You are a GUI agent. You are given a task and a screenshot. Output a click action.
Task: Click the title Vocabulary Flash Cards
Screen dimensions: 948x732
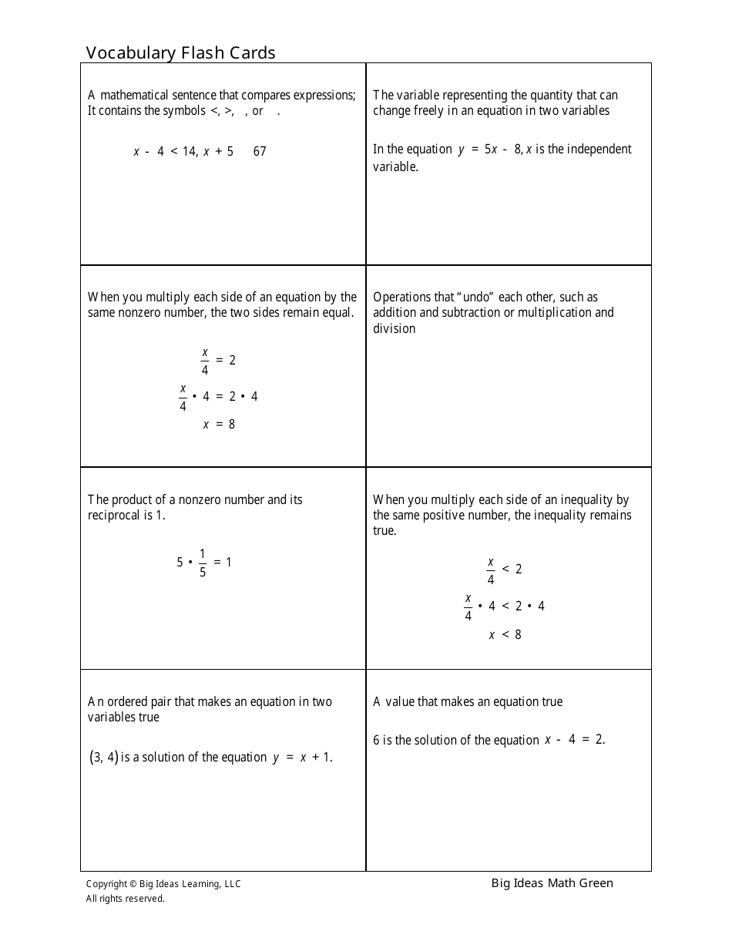pyautogui.click(x=180, y=52)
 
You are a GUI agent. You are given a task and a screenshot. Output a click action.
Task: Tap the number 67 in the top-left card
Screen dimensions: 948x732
pyautogui.click(x=260, y=152)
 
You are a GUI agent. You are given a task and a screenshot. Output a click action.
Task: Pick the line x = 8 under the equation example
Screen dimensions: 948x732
pyautogui.click(x=220, y=424)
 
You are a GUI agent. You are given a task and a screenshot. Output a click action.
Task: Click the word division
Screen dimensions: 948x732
pyautogui.click(x=394, y=329)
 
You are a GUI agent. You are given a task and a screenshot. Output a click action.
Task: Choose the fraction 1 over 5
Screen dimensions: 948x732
pyautogui.click(x=203, y=563)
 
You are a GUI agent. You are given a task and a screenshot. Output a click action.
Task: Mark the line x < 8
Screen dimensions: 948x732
pyautogui.click(x=505, y=635)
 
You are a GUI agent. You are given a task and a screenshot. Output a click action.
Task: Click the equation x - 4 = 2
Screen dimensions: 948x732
pyautogui.click(x=574, y=740)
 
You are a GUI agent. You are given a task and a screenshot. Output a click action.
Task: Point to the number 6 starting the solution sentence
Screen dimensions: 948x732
pyautogui.click(x=377, y=741)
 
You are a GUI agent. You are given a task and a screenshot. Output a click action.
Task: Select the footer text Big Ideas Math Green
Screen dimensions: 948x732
pyautogui.click(x=552, y=883)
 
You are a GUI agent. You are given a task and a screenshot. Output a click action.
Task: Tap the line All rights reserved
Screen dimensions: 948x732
pyautogui.click(x=125, y=899)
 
